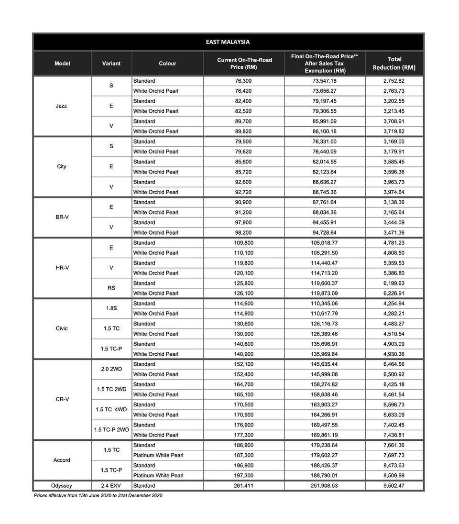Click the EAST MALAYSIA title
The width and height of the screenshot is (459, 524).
click(228, 42)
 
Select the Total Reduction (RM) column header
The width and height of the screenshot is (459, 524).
click(394, 64)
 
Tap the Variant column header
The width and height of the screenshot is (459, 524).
click(111, 64)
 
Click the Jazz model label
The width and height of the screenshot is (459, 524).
click(61, 106)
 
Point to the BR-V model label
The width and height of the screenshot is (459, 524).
click(62, 217)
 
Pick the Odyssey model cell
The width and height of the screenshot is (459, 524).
click(62, 486)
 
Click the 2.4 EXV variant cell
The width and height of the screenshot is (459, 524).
click(111, 486)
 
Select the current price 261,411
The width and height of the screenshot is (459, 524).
click(243, 486)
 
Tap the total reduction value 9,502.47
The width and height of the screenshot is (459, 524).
click(394, 486)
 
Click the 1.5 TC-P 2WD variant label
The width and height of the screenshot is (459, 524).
click(111, 430)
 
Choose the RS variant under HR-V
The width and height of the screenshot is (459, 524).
click(111, 288)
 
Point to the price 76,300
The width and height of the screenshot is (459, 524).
click(243, 81)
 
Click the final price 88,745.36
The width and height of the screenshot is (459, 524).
click(325, 192)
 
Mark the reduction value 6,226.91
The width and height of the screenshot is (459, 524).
click(394, 294)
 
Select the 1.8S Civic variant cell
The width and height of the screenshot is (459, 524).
click(111, 308)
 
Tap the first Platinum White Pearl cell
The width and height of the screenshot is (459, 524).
click(158, 455)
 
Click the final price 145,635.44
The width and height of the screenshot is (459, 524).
click(325, 364)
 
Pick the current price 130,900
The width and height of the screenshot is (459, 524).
click(243, 334)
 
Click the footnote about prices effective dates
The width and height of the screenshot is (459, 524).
click(98, 496)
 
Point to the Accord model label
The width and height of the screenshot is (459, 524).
click(62, 460)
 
